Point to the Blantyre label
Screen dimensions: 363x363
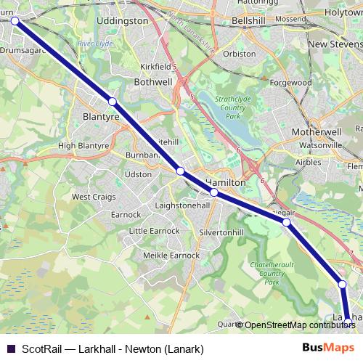pyautogui.click(x=101, y=115)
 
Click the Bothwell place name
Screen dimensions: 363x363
pyautogui.click(x=153, y=83)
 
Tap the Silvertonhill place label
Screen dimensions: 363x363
pyautogui.click(x=221, y=232)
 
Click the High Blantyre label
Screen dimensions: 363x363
pyautogui.click(x=83, y=145)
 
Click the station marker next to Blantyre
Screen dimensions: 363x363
pyautogui.click(x=113, y=102)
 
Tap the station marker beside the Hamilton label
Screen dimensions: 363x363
pyautogui.click(x=214, y=192)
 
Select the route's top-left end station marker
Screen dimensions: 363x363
pyautogui.click(x=14, y=21)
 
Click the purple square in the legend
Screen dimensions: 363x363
pyautogui.click(x=9, y=348)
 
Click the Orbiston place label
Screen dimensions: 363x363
pyautogui.click(x=240, y=54)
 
